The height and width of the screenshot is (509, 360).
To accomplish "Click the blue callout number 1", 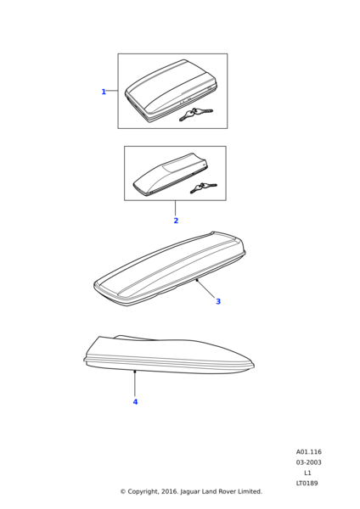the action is coord(104,92).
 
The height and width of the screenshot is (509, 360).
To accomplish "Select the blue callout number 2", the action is coord(176,221).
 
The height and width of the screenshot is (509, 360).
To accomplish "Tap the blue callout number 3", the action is coord(218,301).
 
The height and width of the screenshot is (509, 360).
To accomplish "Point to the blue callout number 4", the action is coord(135,402).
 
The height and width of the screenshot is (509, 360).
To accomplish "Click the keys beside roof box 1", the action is coord(195,114).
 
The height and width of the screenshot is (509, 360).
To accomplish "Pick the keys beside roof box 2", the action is coord(203,188).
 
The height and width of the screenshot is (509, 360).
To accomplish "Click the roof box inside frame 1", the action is coord(171,91).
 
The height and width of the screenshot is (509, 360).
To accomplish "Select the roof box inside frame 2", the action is coord(170,174).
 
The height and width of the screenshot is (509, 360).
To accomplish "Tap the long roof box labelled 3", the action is coord(170,269).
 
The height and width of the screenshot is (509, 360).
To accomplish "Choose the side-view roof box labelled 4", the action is coord(169,355).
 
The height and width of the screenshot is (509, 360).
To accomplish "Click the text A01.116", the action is coord(309,452).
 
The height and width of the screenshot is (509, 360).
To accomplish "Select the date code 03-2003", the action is coord(309,462).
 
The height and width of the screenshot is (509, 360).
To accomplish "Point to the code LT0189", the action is coord(307,483).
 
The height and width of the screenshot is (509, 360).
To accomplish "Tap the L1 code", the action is coord(307,473).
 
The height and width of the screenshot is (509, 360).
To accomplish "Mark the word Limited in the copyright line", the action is coord(250,491).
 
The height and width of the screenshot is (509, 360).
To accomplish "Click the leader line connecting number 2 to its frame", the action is coord(176,208).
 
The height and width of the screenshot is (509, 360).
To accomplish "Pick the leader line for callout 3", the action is coord(205,288).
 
